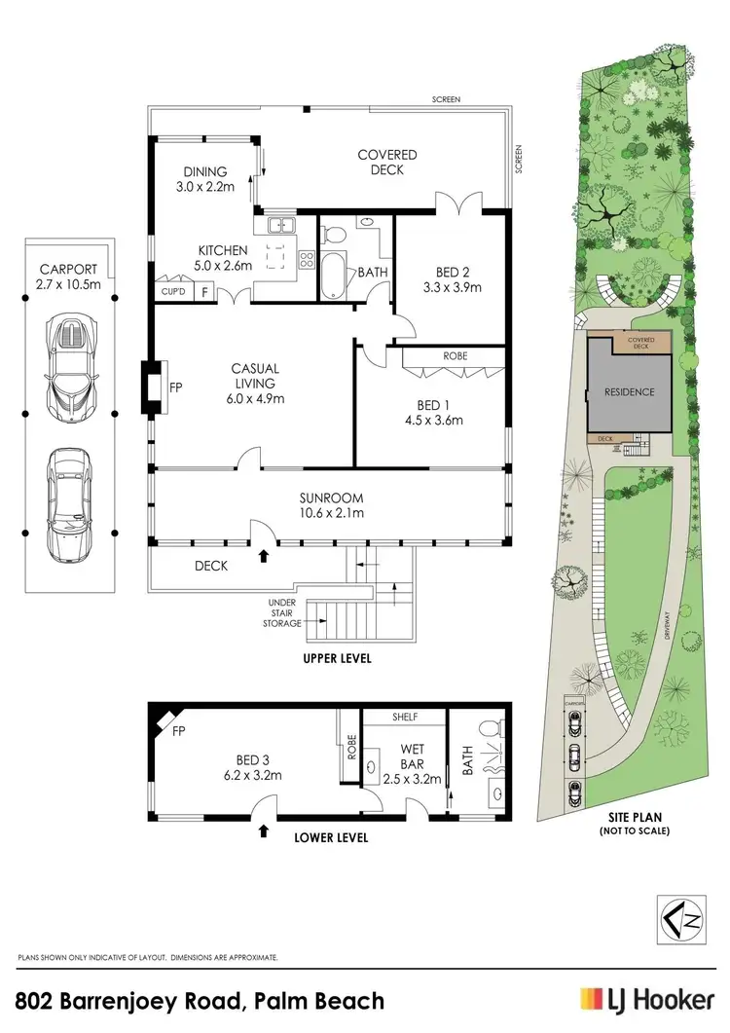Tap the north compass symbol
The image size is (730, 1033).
(x=679, y=917)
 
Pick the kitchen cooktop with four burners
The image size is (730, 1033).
(x=306, y=259)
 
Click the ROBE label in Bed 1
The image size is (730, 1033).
(x=455, y=356)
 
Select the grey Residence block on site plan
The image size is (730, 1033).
(x=628, y=392)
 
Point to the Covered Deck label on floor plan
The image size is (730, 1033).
(x=386, y=163)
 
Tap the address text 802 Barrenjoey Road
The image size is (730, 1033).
(x=200, y=1000)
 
